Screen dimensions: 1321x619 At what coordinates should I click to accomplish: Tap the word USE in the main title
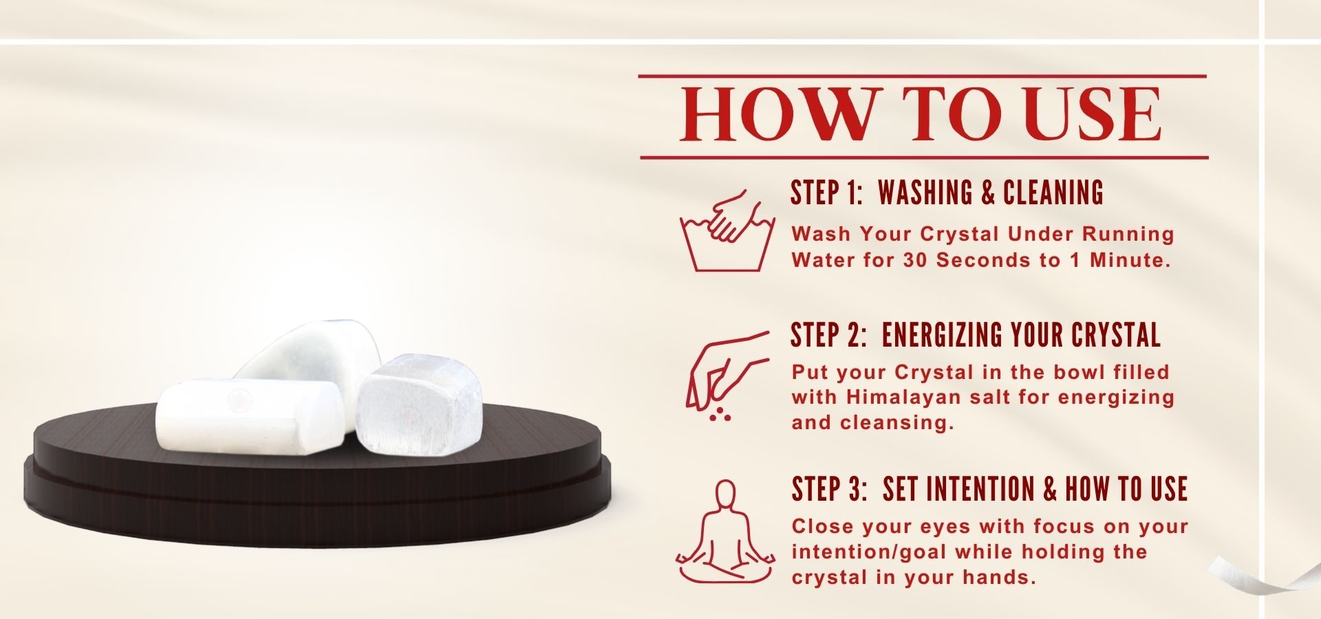point(1092,114)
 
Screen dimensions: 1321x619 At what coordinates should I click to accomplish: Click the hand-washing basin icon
point(727,231)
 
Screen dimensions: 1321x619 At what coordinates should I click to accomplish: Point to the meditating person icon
point(726,532)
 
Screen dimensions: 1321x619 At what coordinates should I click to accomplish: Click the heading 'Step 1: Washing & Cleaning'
point(947,193)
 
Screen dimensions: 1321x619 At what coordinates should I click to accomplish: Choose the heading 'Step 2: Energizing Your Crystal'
point(976,335)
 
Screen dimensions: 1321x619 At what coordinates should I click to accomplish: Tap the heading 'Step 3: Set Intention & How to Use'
point(989,489)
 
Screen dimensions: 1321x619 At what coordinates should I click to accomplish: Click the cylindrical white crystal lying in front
point(249,415)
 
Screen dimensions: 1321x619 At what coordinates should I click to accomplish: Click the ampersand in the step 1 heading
point(988,193)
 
